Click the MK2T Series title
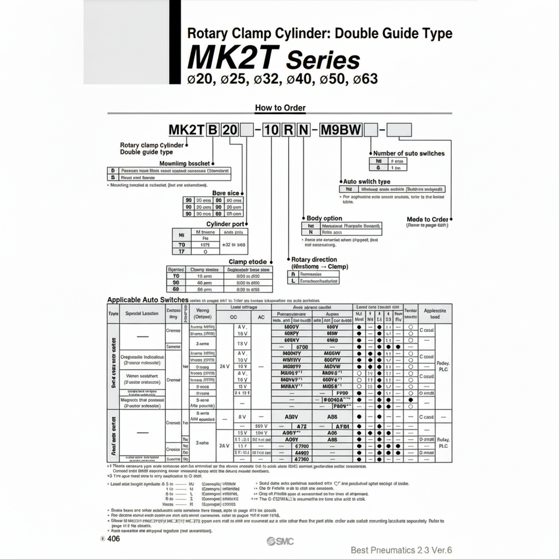(274, 59)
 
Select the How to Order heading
(280, 108)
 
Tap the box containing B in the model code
(212, 129)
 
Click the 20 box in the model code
(229, 129)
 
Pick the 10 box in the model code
(271, 129)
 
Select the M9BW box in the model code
(347, 129)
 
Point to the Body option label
(324, 218)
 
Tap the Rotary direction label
(314, 260)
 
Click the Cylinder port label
(226, 224)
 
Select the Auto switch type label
(367, 182)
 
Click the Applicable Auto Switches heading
(148, 299)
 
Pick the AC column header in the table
(261, 317)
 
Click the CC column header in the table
(234, 317)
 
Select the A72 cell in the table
(294, 426)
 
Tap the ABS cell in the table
(332, 417)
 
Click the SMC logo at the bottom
(281, 542)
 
